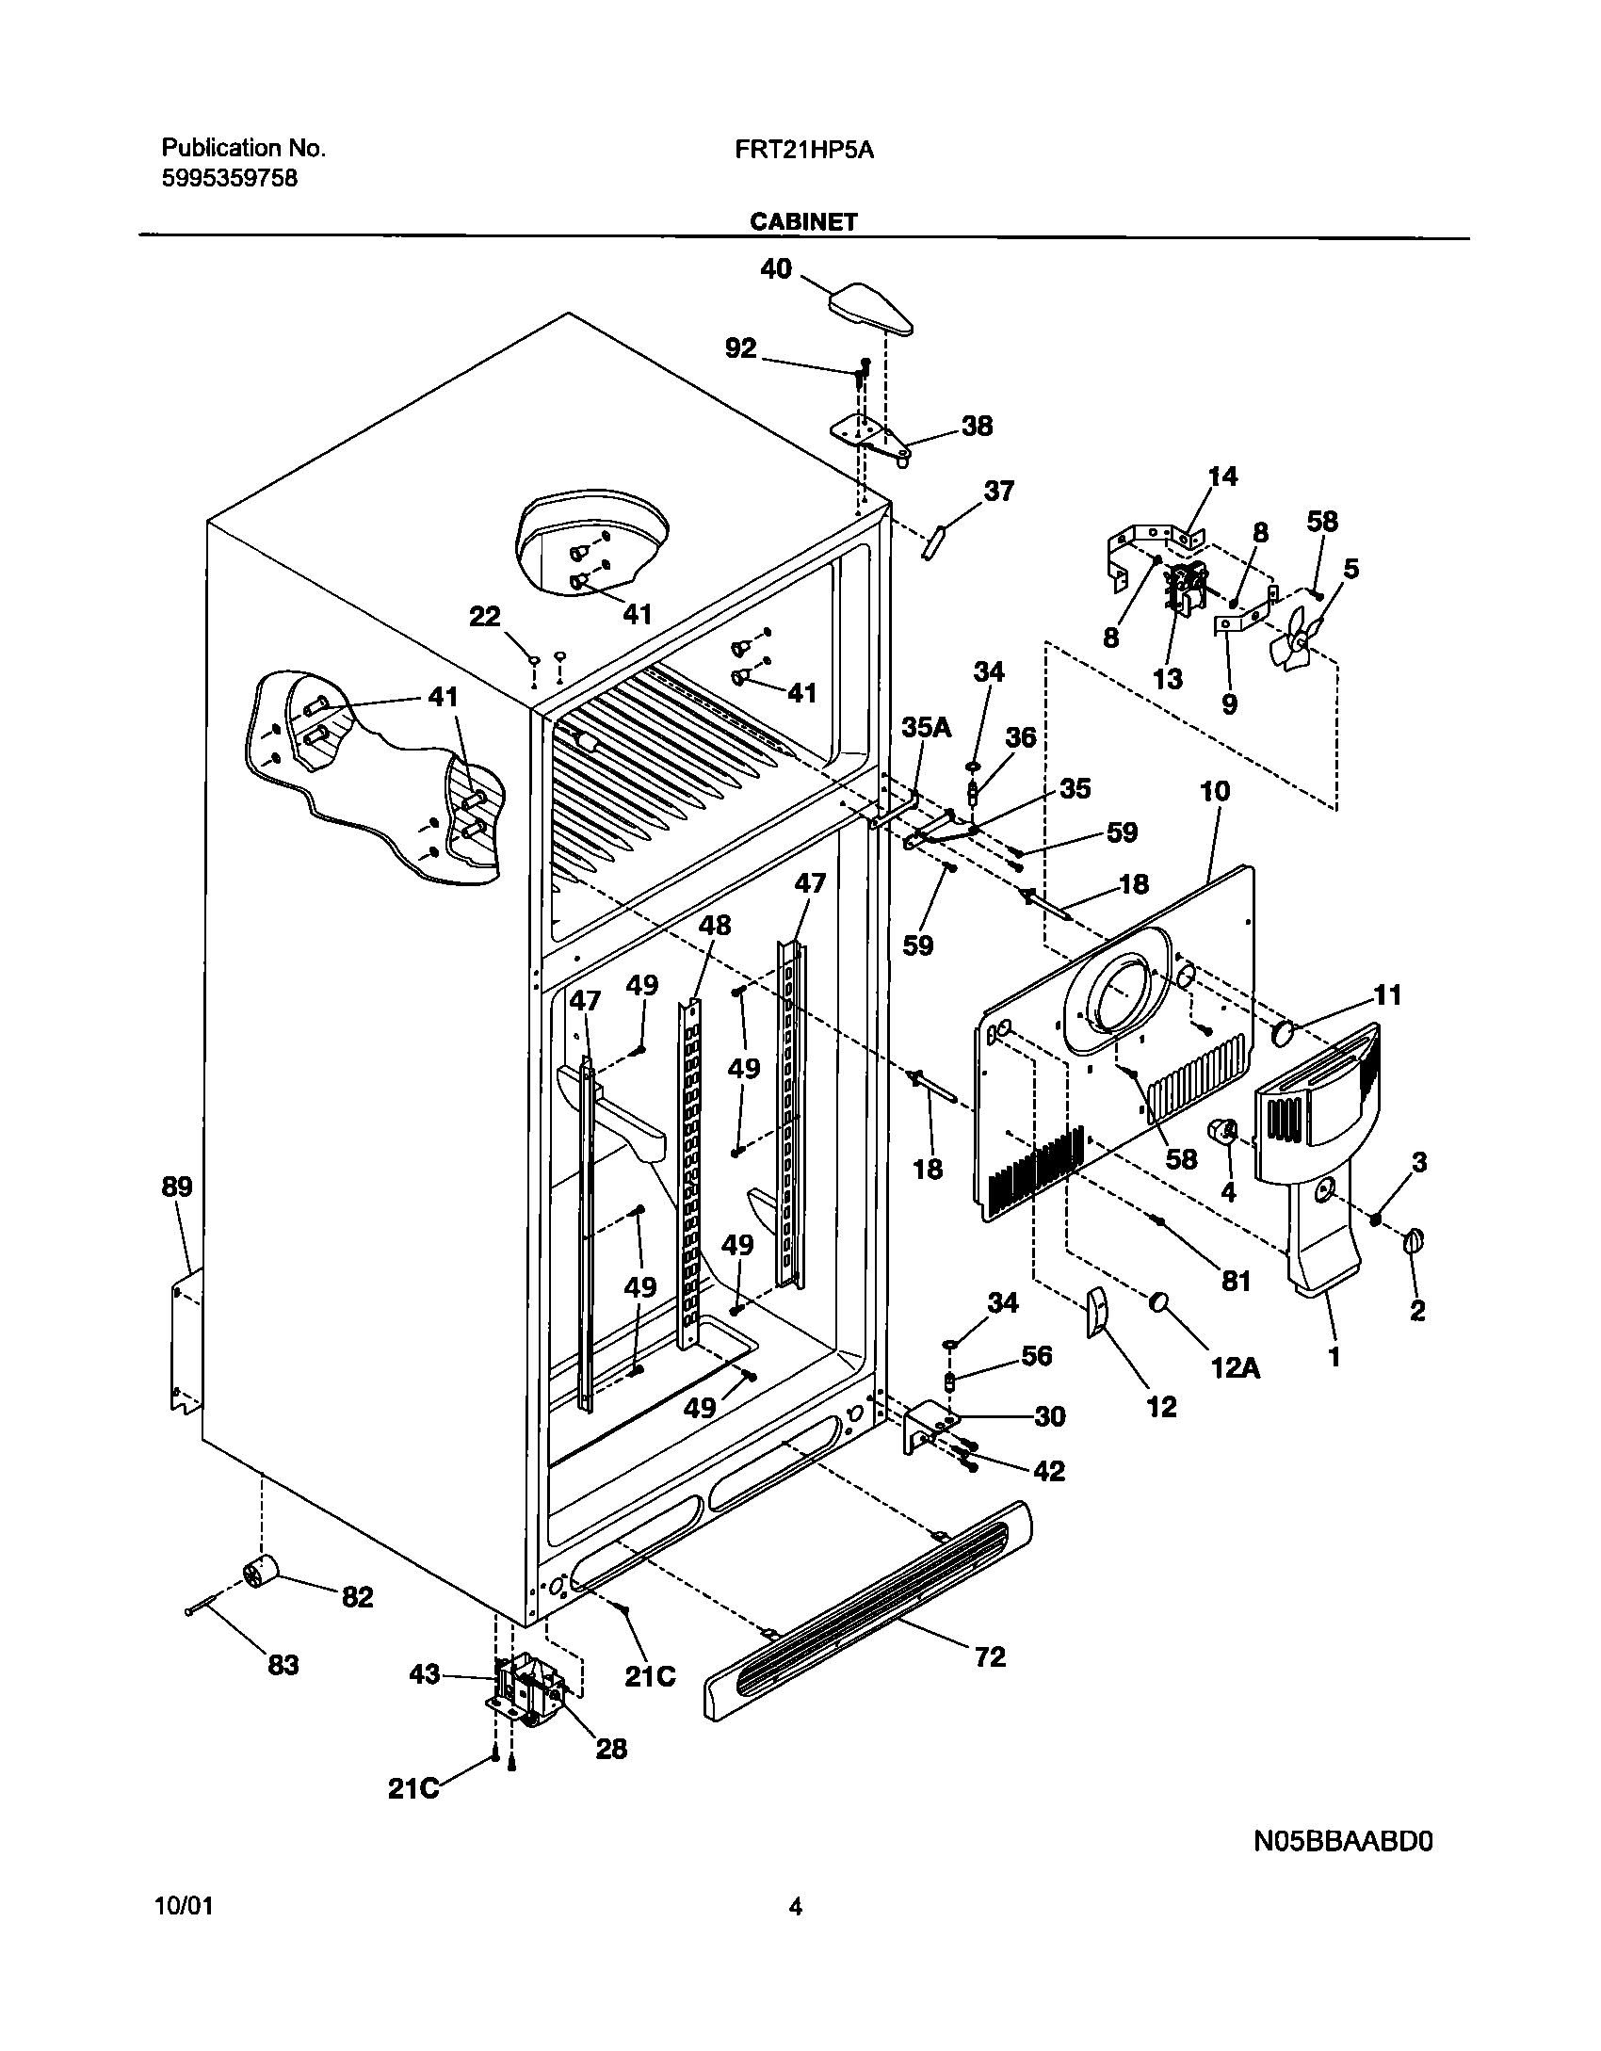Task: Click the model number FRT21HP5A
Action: coord(804,149)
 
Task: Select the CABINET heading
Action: coord(803,221)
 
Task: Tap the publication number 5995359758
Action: coord(230,178)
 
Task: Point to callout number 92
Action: coord(741,348)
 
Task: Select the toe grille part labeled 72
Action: coord(866,1616)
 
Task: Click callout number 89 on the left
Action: coord(177,1187)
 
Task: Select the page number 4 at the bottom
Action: coord(796,1907)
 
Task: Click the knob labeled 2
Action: coord(1414,1242)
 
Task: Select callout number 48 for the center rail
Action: coord(714,926)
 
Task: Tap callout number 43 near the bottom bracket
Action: coord(425,1674)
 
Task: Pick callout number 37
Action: coord(999,491)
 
